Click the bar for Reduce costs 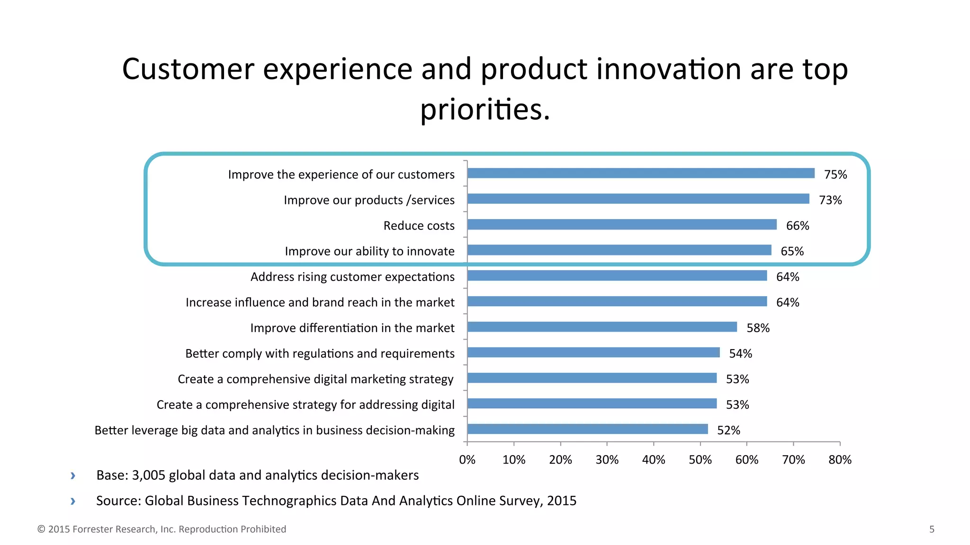[621, 224]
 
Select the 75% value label [835, 175]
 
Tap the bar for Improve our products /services [638, 199]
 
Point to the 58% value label [758, 328]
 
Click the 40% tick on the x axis [654, 459]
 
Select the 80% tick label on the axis [840, 459]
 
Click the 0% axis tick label [467, 459]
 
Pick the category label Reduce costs [419, 226]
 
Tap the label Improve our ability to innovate [369, 251]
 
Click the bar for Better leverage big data [587, 429]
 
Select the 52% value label [728, 430]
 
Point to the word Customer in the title [188, 69]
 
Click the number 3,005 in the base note [148, 475]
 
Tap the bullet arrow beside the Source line [73, 501]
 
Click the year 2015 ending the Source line [562, 501]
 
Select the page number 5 [932, 529]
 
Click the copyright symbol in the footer [41, 529]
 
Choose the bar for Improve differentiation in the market [602, 326]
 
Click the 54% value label [740, 353]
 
